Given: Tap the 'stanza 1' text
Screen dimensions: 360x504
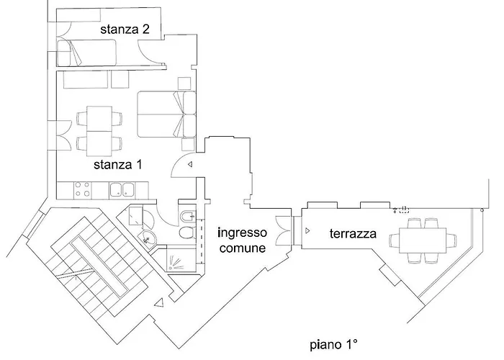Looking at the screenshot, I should click(x=117, y=164).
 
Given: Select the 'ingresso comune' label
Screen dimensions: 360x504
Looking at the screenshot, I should click(x=242, y=240).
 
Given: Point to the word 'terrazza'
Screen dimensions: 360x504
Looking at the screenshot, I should click(x=353, y=234).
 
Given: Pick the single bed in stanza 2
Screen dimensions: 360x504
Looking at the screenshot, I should click(x=86, y=53).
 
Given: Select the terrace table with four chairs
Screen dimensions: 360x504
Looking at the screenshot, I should click(x=423, y=239).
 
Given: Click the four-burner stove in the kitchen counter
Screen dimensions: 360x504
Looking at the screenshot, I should click(x=82, y=190).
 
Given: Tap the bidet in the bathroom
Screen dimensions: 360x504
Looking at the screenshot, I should click(x=186, y=215).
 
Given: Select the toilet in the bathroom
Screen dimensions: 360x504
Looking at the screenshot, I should click(x=186, y=232).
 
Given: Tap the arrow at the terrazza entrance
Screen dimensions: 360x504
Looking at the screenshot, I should click(x=307, y=231).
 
